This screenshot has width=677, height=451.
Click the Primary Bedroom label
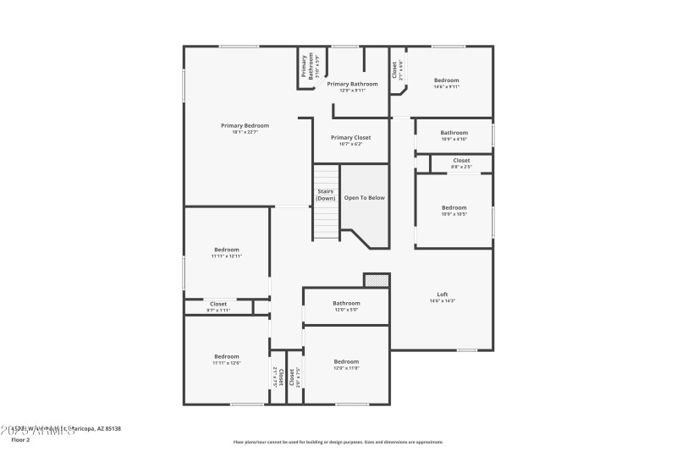coord(245,125)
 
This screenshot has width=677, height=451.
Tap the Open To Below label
coord(364,197)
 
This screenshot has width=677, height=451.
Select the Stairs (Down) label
coord(326,195)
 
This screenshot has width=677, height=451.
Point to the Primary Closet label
coord(350,137)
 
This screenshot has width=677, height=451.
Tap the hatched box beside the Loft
coord(376,279)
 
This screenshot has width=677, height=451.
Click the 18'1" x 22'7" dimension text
coord(245,132)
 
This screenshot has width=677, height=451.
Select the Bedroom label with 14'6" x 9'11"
coord(446,80)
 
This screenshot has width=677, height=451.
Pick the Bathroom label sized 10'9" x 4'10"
coord(454,132)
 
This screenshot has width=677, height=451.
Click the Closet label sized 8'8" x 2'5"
coord(461,160)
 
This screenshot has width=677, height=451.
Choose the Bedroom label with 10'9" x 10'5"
coord(454,207)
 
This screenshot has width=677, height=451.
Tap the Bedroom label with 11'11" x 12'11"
coord(227,250)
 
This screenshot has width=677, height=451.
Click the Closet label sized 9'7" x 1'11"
coord(218,303)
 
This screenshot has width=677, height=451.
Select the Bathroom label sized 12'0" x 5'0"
coord(346,303)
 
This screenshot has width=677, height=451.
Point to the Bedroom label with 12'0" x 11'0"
coord(346,361)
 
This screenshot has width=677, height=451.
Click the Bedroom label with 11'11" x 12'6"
coord(227,356)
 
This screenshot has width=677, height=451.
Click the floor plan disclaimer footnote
coord(338,442)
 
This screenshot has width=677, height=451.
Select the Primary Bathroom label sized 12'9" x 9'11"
coord(352,84)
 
